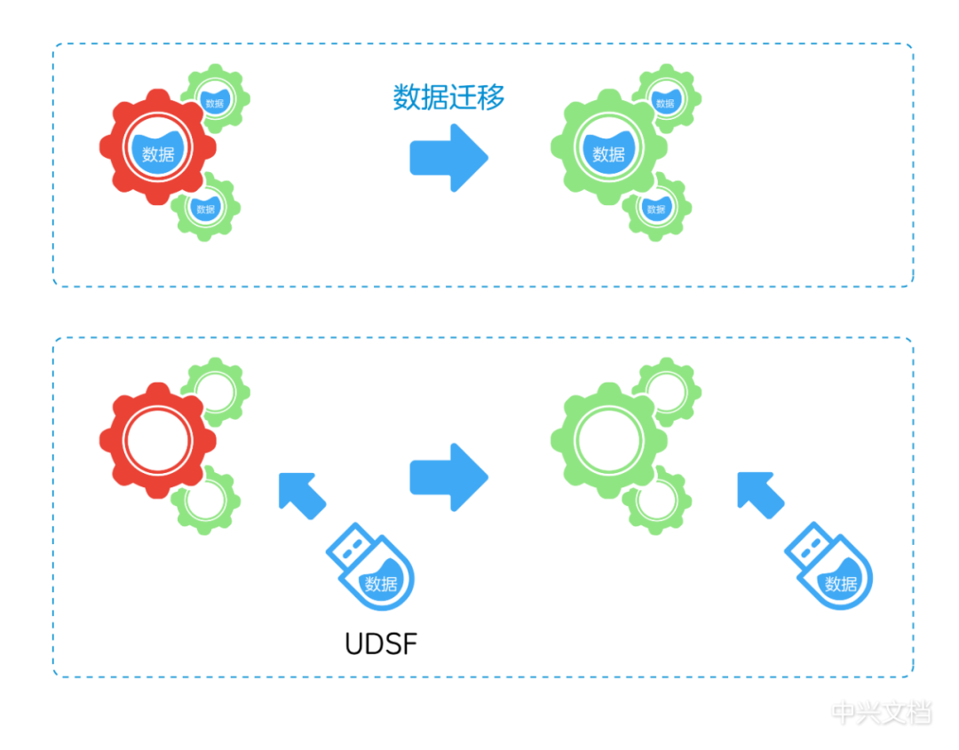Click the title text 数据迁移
(448, 98)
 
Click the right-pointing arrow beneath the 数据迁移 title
(448, 157)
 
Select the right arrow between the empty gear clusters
(448, 477)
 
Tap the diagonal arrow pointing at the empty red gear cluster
(300, 493)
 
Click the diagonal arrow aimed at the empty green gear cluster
(759, 493)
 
